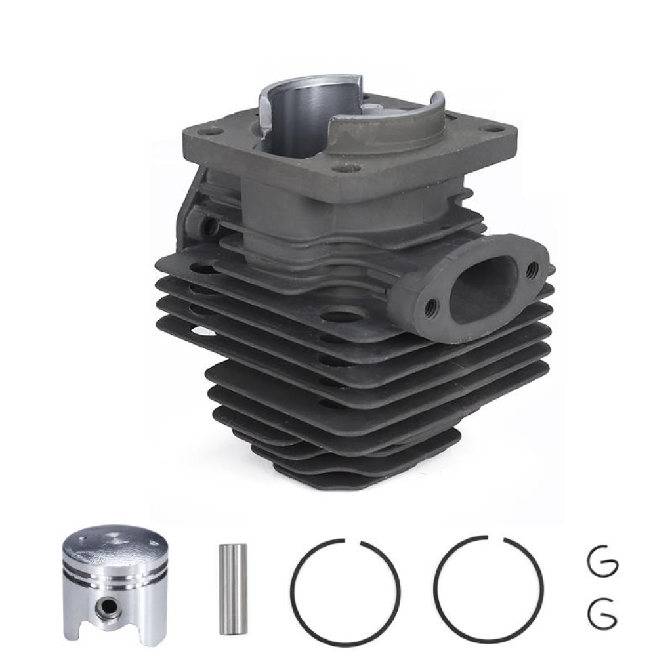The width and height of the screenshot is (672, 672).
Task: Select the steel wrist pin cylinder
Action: (x=233, y=589)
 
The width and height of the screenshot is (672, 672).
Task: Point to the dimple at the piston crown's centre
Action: (x=117, y=539)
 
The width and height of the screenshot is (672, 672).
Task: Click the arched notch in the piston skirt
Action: (x=117, y=632)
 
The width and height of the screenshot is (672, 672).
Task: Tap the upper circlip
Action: (x=600, y=563)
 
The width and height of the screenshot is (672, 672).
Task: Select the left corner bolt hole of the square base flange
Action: (x=208, y=132)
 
